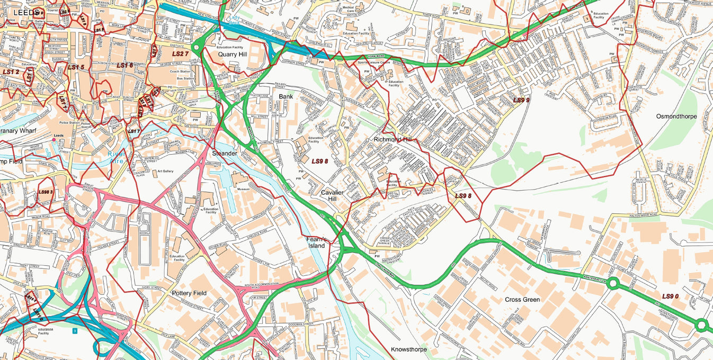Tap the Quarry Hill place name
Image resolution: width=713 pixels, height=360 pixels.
point(233,55)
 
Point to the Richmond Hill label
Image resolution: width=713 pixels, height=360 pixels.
point(393,139)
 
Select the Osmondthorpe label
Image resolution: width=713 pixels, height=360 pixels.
point(676,116)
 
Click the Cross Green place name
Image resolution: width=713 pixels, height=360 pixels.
point(522,300)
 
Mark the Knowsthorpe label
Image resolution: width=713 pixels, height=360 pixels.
point(408,349)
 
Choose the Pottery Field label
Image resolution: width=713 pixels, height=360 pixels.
point(189,293)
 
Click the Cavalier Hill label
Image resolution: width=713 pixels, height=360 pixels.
point(332,195)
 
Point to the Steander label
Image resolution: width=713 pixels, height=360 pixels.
point(225,153)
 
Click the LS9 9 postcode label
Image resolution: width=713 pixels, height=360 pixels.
point(521,100)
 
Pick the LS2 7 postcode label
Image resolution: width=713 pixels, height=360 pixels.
point(180,54)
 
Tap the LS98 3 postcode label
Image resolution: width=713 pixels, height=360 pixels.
point(46,192)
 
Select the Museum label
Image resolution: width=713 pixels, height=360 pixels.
point(243,189)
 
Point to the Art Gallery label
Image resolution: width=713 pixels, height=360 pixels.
point(165,172)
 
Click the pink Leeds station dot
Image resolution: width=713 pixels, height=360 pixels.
point(54,140)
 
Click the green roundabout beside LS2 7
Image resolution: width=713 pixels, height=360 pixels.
point(197,48)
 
